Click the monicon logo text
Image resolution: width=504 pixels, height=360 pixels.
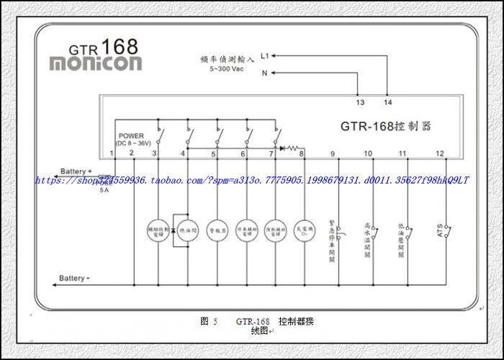pos(95,63)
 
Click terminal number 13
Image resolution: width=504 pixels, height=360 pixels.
pos(360,102)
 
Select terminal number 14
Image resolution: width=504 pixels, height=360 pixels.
pos(388,102)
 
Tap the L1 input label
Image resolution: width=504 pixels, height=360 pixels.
pos(265,55)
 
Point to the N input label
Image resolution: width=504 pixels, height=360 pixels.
pos(264,73)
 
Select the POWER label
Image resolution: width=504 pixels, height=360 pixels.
pos(132,136)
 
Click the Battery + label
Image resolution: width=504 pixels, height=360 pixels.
pos(77,171)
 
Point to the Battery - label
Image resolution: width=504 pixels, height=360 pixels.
pos(76,278)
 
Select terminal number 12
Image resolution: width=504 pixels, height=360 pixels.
pos(440,153)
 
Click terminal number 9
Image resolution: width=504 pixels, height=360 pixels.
pos(333,153)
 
